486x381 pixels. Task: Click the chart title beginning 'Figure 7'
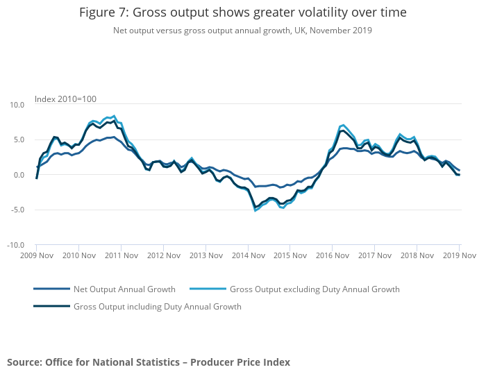pos(242,12)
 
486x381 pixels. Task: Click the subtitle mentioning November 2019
pos(242,30)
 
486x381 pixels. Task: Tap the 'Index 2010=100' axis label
pos(65,99)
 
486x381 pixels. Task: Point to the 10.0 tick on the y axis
pos(16,105)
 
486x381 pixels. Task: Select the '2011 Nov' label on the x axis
pos(121,255)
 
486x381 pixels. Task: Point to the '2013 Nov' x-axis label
pos(206,255)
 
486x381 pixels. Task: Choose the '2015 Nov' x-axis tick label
pos(290,255)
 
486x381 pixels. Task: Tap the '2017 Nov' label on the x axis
pos(375,255)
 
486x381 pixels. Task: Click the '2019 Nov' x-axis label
pos(459,255)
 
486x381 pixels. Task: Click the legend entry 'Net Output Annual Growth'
pos(124,289)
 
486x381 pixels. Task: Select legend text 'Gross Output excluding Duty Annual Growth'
pos(315,289)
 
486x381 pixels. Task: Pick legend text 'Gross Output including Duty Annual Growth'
pos(157,306)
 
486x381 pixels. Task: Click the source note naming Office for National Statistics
pos(149,362)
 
